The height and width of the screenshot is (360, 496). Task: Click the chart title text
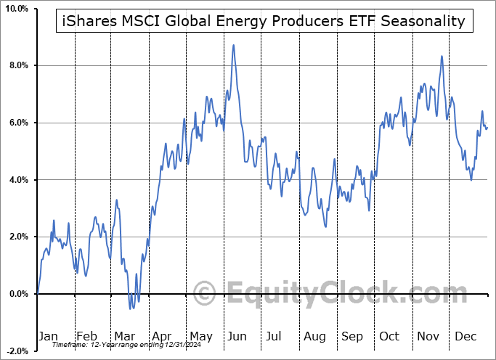260,21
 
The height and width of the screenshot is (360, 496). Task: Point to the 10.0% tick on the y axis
16,9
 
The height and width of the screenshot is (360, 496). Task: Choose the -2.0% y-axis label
16,351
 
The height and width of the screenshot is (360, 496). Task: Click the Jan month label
47,336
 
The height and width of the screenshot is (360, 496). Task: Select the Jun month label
237,336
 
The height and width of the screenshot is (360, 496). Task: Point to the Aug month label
315,336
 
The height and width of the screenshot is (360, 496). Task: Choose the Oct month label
391,336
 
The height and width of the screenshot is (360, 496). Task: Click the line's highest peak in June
233,45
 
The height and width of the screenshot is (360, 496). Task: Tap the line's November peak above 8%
441,56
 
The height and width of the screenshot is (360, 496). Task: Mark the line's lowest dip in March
131,308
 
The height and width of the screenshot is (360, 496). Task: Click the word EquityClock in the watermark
337,294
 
